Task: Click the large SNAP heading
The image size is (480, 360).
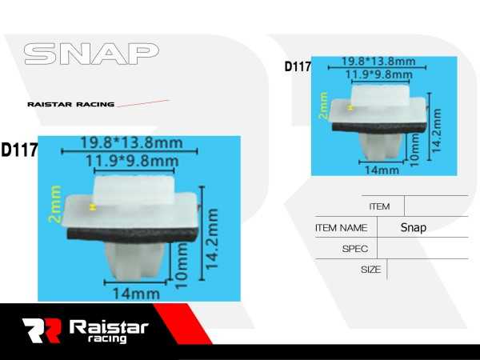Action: click(x=90, y=54)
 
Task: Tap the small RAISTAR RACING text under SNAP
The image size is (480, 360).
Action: click(x=70, y=104)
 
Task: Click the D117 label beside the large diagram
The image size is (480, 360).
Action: click(x=19, y=150)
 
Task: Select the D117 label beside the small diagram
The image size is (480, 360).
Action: click(x=298, y=67)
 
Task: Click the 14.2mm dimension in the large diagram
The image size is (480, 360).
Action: click(x=213, y=241)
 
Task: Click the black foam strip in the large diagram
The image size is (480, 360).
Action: click(x=132, y=234)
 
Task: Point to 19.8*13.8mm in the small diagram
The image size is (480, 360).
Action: click(x=378, y=62)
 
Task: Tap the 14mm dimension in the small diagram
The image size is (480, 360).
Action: click(x=382, y=170)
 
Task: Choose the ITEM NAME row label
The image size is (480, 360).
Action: click(x=341, y=228)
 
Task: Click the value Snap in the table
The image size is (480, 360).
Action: click(x=414, y=228)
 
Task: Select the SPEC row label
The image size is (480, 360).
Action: click(x=354, y=249)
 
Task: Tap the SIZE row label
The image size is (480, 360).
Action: click(x=370, y=270)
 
